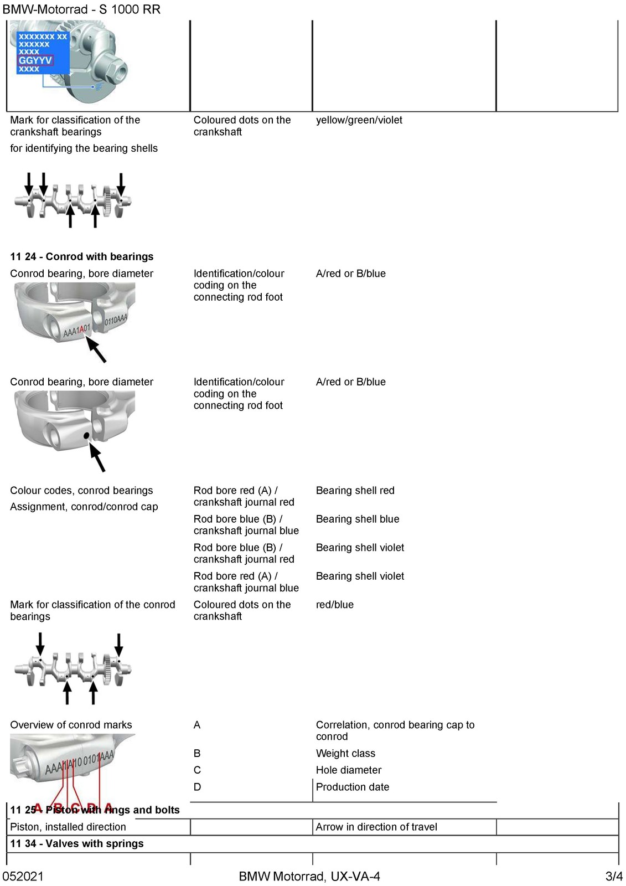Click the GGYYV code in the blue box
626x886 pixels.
(x=35, y=60)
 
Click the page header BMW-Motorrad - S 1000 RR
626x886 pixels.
(x=81, y=9)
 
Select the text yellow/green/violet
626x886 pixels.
(x=359, y=120)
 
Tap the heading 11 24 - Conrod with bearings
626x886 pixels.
(x=82, y=256)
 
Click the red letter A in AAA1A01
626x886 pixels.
(x=81, y=329)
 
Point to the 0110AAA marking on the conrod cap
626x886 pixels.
(x=116, y=319)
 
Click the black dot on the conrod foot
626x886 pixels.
(x=86, y=436)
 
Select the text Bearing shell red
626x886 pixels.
(x=355, y=491)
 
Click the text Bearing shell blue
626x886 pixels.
(x=358, y=519)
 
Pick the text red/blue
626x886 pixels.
(x=334, y=604)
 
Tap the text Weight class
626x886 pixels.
(x=345, y=753)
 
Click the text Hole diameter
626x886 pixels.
(x=349, y=770)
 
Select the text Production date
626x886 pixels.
(x=353, y=787)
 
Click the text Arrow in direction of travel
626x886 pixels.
(x=376, y=827)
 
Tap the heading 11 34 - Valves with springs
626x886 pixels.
(x=77, y=843)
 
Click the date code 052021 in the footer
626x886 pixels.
(x=23, y=876)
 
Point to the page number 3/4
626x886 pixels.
(x=614, y=876)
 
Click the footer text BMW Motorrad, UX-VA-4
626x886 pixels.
(x=309, y=876)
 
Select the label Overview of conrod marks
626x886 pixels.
(x=71, y=725)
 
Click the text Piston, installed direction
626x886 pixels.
(x=68, y=827)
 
